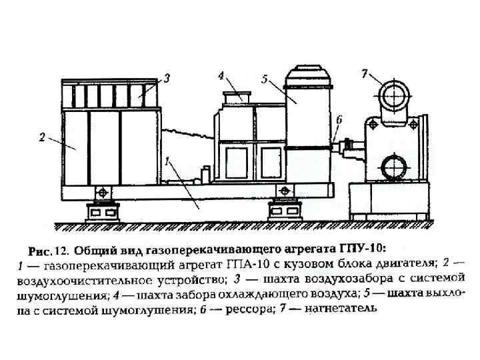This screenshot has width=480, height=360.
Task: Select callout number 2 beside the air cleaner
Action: pyautogui.click(x=42, y=138)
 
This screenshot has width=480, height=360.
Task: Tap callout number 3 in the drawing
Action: pyautogui.click(x=167, y=78)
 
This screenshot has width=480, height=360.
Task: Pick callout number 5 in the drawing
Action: pyautogui.click(x=265, y=79)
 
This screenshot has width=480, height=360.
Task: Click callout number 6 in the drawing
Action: pyautogui.click(x=339, y=119)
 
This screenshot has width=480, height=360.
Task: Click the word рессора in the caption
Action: pyautogui.click(x=251, y=309)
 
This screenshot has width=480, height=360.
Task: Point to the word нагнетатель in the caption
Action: pyautogui.click(x=344, y=309)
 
